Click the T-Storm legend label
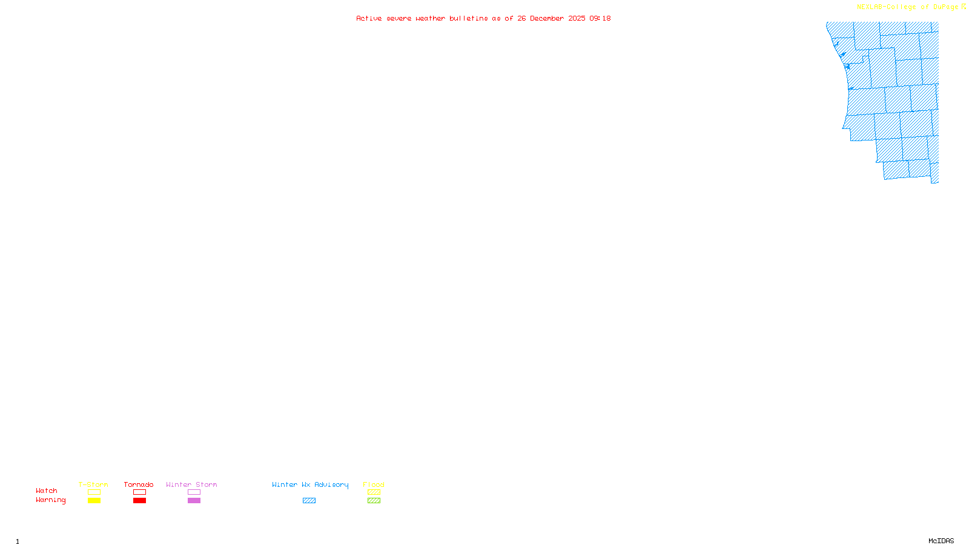tap(93, 484)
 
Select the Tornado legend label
tap(139, 484)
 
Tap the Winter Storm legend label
tap(191, 484)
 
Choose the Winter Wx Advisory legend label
tap(310, 484)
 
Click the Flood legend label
tap(374, 484)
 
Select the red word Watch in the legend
tap(47, 490)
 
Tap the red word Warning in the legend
tap(50, 500)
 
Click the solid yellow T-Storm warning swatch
tap(94, 501)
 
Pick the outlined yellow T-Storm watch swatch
tap(94, 492)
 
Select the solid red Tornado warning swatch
tap(139, 501)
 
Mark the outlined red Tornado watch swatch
tap(139, 492)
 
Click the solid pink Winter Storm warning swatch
tap(194, 501)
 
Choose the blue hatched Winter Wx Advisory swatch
tap(309, 501)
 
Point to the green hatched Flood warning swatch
tap(374, 501)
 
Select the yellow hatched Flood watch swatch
tap(374, 492)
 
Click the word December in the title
tap(547, 18)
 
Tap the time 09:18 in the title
tap(600, 18)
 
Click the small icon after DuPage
tap(964, 7)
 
